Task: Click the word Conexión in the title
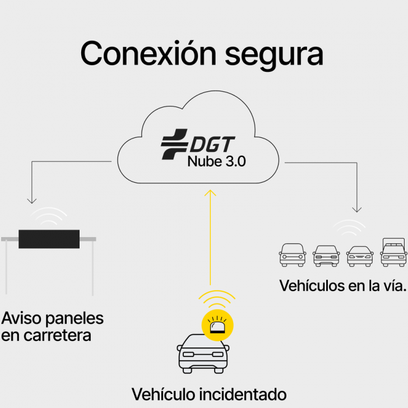[147, 54]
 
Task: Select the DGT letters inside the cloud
[211, 145]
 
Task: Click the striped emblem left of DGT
[174, 145]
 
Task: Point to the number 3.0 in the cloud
[232, 163]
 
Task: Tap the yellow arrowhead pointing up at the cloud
[210, 193]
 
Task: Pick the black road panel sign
[49, 239]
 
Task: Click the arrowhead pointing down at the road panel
[31, 200]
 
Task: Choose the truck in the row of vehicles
[393, 252]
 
